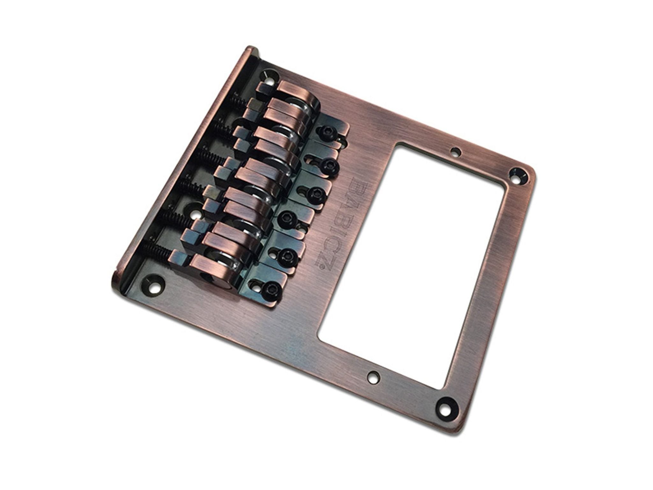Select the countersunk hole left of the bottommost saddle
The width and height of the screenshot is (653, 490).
(x=155, y=282)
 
